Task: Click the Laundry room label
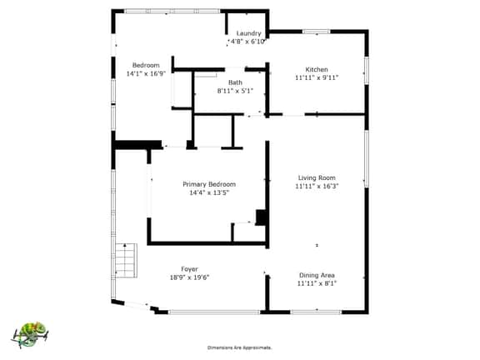pos(249,33)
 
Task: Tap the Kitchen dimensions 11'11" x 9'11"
pos(317,77)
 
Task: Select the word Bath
pos(235,82)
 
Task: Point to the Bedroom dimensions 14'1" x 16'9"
pos(146,73)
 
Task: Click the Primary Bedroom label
pos(209,184)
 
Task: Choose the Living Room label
pos(317,177)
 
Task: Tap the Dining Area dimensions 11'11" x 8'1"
pos(317,283)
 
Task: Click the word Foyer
pos(189,269)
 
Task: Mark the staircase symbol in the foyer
pos(126,261)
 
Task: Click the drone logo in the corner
pos(30,335)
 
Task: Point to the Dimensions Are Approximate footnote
pos(240,347)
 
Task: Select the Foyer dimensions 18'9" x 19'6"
pos(189,277)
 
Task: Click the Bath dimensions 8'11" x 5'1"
pos(235,91)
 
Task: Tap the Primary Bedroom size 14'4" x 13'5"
pos(209,192)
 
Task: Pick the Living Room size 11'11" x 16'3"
pos(317,186)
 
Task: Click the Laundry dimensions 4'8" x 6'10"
pos(247,42)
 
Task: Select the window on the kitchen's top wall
pos(317,31)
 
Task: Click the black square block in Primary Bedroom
pos(262,217)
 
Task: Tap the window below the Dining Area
pos(316,312)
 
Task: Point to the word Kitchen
pos(317,69)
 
